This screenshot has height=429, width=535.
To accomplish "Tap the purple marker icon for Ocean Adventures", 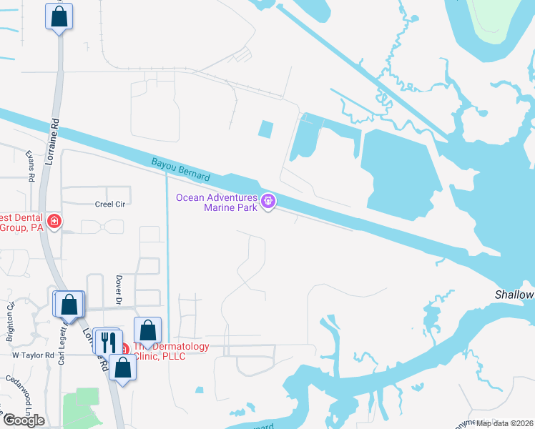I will [268, 202].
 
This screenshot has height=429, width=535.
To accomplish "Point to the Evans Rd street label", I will [30, 165].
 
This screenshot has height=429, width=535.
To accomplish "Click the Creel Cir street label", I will [109, 204].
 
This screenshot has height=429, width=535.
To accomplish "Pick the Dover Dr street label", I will [119, 288].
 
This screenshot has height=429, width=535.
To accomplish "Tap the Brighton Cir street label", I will [11, 315].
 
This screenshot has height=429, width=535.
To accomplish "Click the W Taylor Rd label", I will [33, 355].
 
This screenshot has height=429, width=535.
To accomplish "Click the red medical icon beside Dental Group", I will [54, 222].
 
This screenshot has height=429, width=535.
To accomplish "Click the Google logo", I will [24, 420].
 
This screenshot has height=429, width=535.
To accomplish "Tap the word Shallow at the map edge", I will [514, 295].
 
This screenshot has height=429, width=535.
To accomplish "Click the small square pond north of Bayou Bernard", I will [265, 130].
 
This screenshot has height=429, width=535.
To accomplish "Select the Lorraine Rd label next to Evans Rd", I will [50, 142].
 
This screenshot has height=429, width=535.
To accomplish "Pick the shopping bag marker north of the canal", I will [59, 16].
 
